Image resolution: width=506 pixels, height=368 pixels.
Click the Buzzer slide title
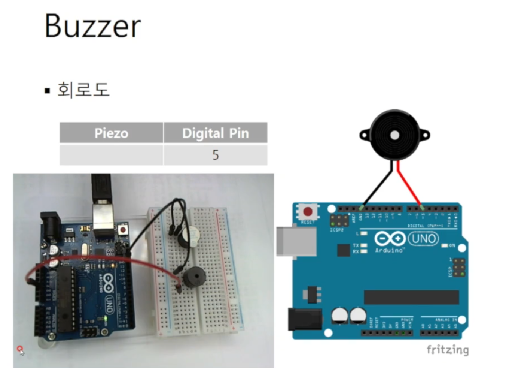click(92, 26)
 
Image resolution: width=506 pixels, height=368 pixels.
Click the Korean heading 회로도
click(83, 90)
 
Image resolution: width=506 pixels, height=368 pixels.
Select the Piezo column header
click(111, 133)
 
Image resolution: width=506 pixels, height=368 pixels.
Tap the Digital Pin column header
click(215, 133)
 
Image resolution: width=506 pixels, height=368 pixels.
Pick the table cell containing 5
click(215, 155)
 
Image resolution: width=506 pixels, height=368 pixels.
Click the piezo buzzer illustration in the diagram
click(394, 135)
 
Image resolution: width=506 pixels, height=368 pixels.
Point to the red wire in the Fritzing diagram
click(409, 184)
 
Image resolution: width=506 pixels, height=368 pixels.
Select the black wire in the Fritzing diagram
click(377, 187)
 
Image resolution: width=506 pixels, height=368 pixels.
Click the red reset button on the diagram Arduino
click(308, 212)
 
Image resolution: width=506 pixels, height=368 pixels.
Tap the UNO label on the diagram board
click(424, 238)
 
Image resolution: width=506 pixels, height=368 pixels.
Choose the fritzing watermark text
click(447, 350)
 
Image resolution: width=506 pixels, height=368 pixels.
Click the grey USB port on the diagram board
click(296, 241)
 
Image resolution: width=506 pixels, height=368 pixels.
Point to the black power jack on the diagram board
click(304, 319)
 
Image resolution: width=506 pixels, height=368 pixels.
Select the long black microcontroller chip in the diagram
click(411, 297)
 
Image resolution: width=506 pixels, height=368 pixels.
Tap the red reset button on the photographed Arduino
click(122, 229)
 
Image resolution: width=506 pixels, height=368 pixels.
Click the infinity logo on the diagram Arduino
click(390, 238)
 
